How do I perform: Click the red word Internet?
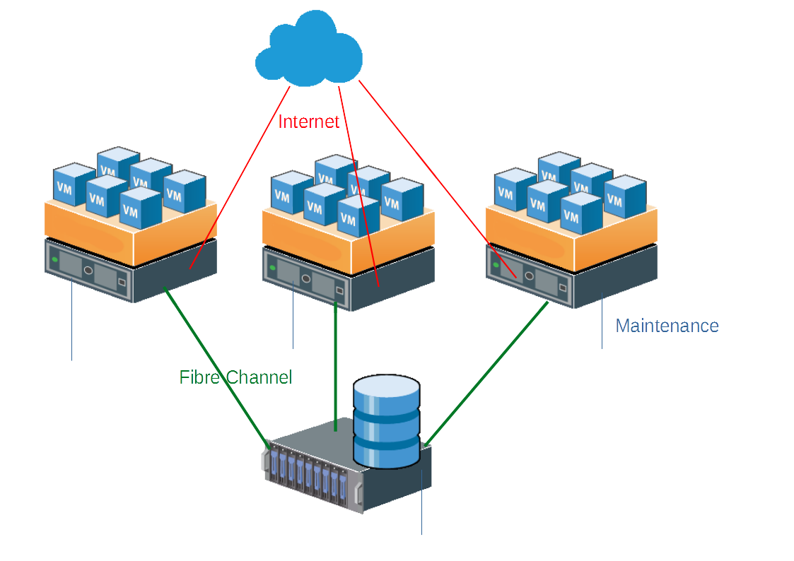(308, 122)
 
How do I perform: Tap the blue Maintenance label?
(667, 326)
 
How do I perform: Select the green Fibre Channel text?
(235, 377)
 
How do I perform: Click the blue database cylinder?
(386, 421)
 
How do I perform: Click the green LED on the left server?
(54, 259)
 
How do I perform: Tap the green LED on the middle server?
(272, 267)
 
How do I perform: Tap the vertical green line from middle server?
(335, 367)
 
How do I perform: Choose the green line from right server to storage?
(488, 374)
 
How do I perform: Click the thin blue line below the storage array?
(422, 509)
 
